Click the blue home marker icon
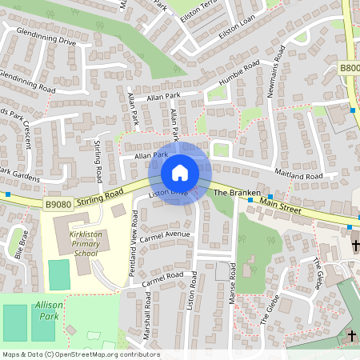[180, 173]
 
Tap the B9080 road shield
[58, 205]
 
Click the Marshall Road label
[147, 318]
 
